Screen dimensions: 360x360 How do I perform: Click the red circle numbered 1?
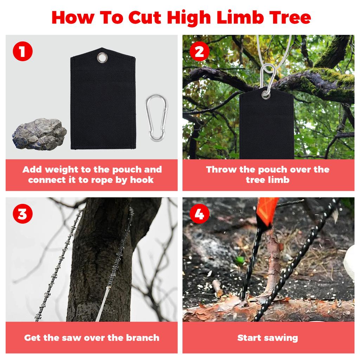[x=22, y=51]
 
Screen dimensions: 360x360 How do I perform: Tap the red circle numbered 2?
[x=199, y=51]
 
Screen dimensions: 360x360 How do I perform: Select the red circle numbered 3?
[x=22, y=214]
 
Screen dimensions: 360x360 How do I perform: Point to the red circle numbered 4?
[x=199, y=214]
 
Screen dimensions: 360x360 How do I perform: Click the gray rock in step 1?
[x=39, y=134]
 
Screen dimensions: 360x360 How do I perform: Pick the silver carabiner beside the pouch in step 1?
[x=156, y=117]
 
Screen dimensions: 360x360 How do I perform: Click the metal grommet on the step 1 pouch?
[x=102, y=57]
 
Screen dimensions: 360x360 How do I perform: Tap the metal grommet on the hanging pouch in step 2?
[x=266, y=94]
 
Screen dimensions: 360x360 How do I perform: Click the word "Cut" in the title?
[x=144, y=18]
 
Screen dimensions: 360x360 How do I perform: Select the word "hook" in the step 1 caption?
[x=142, y=180]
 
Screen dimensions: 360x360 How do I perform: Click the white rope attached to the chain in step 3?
[x=103, y=303]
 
